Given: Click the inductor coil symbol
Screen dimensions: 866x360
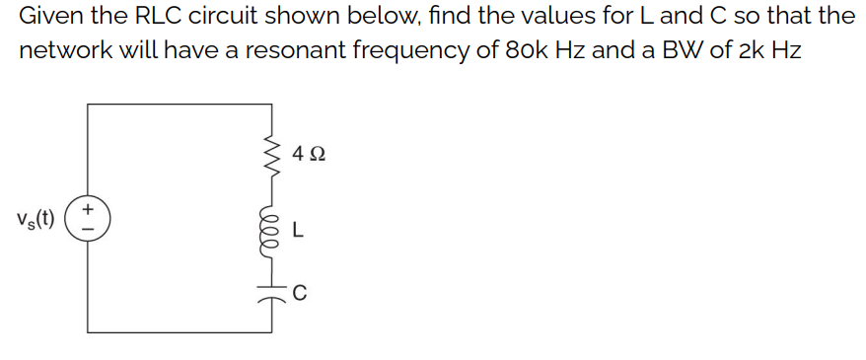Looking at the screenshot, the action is pos(268,230).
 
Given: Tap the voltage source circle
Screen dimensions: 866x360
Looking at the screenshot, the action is pos(88,217).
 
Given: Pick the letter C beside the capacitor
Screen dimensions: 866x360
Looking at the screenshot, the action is pos(300,291).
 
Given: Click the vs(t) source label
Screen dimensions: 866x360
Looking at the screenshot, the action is pos(36,217).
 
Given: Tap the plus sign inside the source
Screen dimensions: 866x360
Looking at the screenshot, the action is pos(89,209).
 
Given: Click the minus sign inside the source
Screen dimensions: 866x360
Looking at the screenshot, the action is pos(89,226).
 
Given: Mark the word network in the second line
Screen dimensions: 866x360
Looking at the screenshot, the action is pos(59,50).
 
